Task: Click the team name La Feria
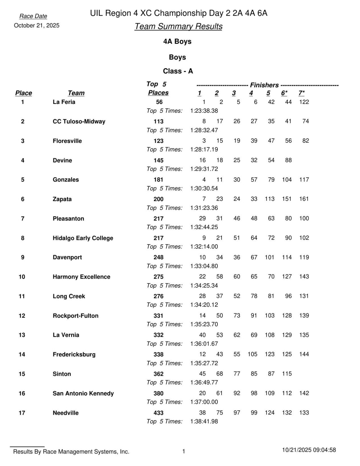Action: click(64, 102)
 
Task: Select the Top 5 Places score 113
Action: click(159, 122)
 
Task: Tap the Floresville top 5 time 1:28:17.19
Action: click(204, 149)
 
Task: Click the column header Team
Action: click(76, 93)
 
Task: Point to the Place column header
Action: click(23, 93)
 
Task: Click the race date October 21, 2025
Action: click(36, 26)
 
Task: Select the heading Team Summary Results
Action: click(178, 26)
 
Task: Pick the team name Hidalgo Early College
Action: click(83, 238)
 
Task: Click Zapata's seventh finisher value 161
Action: click(304, 199)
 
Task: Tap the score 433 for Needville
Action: click(159, 413)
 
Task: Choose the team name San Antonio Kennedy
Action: click(83, 393)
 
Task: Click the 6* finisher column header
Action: click(284, 93)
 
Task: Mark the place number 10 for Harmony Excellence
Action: click(22, 277)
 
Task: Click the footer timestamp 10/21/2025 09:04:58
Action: click(309, 450)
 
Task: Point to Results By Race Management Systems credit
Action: click(71, 451)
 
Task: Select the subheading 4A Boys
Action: click(177, 42)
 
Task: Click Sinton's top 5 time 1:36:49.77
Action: click(204, 382)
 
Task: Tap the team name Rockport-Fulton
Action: click(75, 316)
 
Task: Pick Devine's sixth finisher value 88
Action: click(288, 160)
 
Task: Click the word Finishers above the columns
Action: click(264, 85)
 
